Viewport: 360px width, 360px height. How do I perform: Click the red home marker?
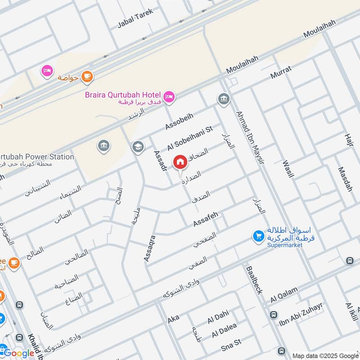[180, 161]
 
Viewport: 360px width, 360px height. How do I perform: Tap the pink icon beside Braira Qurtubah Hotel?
[170, 96]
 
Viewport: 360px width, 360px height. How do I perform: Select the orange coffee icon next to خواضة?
[87, 77]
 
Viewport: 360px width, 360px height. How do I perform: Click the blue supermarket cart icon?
[258, 236]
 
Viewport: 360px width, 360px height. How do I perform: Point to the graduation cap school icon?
[137, 147]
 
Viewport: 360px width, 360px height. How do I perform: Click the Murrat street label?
[281, 72]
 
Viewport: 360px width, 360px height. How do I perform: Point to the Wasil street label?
[288, 169]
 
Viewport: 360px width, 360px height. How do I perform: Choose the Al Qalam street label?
[284, 295]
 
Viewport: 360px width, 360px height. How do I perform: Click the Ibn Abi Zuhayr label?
[301, 313]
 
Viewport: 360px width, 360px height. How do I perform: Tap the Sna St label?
[231, 344]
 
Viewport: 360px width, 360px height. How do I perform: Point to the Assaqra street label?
[149, 247]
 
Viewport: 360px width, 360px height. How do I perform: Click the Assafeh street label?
[206, 219]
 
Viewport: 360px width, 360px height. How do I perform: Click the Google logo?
[19, 353]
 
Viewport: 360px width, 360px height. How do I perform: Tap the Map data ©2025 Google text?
[324, 355]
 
